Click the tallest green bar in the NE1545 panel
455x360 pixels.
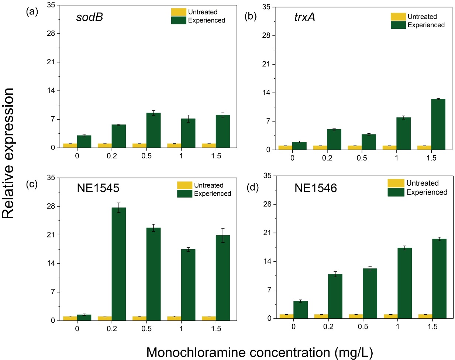(119, 264)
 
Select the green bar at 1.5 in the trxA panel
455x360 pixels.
(438, 124)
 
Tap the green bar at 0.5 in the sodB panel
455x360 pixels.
(154, 130)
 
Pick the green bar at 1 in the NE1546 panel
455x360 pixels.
(404, 283)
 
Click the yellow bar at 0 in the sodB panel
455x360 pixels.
(70, 145)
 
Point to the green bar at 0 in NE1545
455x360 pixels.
(84, 318)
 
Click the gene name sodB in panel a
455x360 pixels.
(89, 17)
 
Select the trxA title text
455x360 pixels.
(304, 17)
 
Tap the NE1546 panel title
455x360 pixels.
(316, 188)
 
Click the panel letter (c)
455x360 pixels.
(32, 184)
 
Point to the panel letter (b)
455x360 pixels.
(251, 17)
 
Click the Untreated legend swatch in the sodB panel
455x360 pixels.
(179, 12)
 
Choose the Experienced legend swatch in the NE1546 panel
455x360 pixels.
(396, 192)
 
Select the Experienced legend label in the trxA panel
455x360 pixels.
(426, 25)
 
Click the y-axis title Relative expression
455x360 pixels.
(8, 153)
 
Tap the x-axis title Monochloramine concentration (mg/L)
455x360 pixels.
(259, 352)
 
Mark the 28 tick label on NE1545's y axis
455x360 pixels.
(51, 206)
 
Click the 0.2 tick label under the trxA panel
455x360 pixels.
(327, 158)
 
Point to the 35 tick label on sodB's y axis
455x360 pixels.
(51, 5)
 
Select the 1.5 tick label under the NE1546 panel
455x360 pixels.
(432, 327)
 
